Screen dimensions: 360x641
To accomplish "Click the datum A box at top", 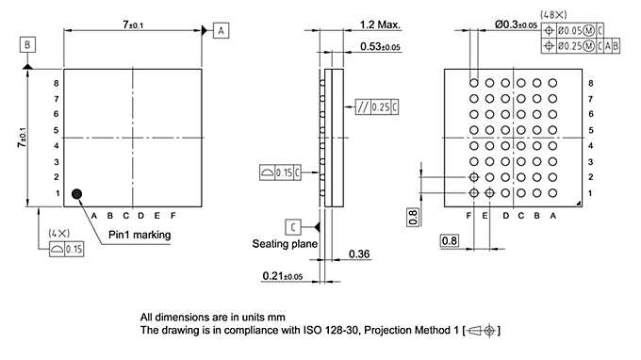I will pos(221,30).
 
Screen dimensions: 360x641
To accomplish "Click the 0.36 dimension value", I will pos(358,254).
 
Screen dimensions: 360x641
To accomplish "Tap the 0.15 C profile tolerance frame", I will pos(280,172).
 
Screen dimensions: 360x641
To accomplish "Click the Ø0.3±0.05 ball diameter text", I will pos(516,25).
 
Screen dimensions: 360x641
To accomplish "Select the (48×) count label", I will pos(552,14).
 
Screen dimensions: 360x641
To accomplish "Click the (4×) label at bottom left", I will pos(58,232).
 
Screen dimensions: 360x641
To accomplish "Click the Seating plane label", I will pos(284,243).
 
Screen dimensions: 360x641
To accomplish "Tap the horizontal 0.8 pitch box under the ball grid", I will pos(451,241).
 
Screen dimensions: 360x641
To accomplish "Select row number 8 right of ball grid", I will pos(590,84).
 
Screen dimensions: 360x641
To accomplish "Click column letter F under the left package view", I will pos(173,215).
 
